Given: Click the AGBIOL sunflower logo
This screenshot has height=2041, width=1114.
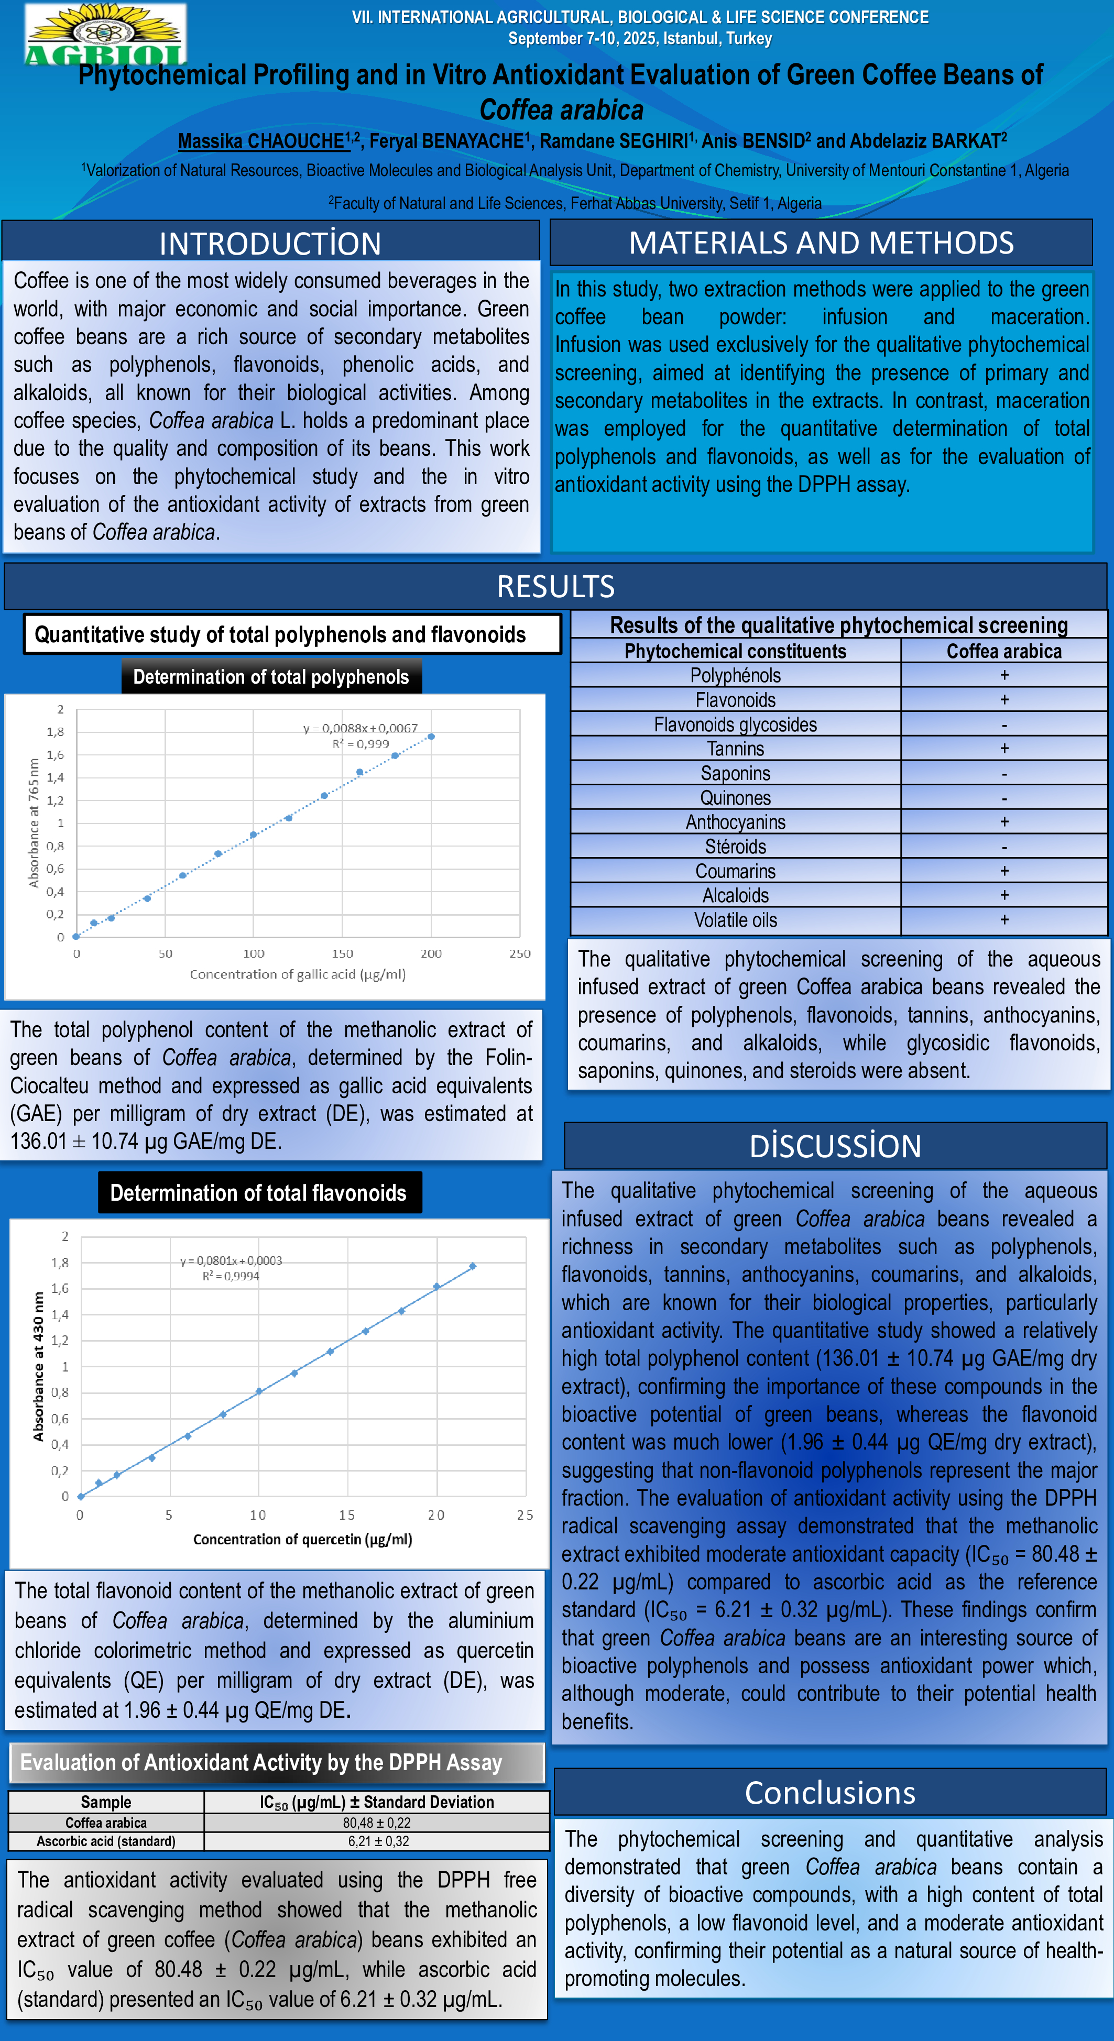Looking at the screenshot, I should [x=105, y=34].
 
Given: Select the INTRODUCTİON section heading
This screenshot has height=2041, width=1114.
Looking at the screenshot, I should [x=270, y=243].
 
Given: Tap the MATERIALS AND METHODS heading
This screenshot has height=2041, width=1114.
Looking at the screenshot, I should [x=821, y=243].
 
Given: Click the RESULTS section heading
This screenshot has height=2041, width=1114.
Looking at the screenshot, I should [x=555, y=586].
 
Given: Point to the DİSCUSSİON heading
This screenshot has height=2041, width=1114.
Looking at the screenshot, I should [x=835, y=1146].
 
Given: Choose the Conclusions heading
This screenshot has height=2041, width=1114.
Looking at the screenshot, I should [x=829, y=1792].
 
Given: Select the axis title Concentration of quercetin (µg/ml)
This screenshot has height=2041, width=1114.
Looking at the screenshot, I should [x=303, y=1540].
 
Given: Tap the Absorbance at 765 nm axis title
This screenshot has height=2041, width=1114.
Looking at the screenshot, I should [x=34, y=823].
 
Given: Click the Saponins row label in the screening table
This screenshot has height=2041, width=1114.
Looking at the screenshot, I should [x=735, y=773].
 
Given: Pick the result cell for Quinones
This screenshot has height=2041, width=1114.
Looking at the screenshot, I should [x=1004, y=798].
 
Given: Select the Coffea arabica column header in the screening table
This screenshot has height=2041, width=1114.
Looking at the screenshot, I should [x=1004, y=651].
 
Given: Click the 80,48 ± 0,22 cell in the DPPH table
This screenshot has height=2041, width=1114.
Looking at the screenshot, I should [x=377, y=1823].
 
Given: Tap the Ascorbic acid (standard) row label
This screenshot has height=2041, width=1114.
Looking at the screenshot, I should [x=106, y=1841].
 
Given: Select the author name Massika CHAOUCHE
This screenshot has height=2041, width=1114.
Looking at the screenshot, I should [x=261, y=141].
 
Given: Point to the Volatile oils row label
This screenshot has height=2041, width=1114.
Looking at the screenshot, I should [x=735, y=920].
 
